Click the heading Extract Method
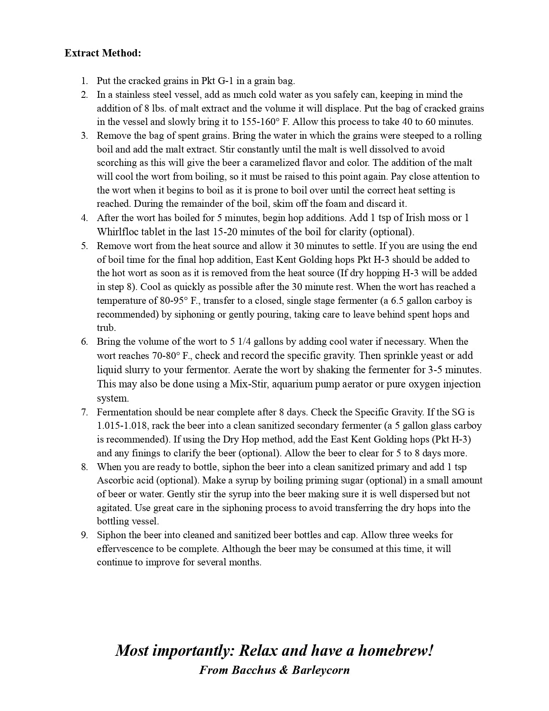103,53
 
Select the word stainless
132,94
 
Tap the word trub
105,327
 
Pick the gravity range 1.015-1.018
122,426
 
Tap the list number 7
84,412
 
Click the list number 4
84,218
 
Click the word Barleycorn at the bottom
321,670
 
